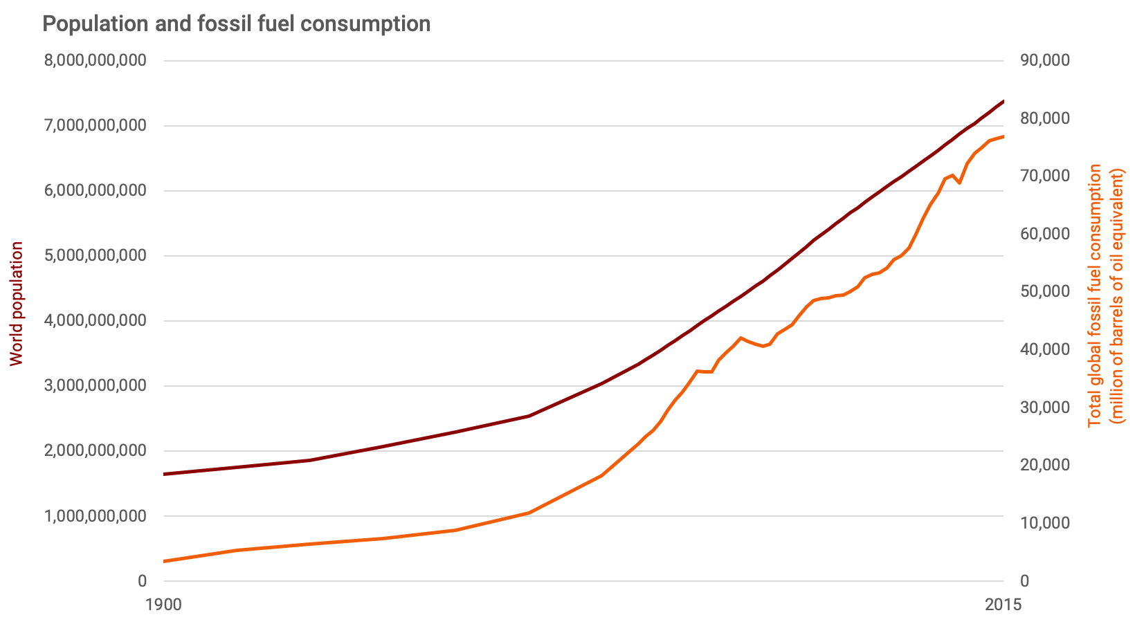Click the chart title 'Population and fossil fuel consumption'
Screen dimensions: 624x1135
(237, 24)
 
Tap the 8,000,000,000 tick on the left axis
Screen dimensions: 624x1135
(96, 61)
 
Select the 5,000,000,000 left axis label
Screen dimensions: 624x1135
(96, 256)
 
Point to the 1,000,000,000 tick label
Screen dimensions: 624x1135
(96, 516)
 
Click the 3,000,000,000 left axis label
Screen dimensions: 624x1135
(96, 386)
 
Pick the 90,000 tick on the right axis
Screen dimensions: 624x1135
(1044, 61)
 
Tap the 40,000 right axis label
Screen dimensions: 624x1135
(1044, 349)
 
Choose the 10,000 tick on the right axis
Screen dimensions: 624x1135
(1044, 523)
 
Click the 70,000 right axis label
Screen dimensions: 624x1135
(1044, 176)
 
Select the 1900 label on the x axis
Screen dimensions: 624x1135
(164, 605)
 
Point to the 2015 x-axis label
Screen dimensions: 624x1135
(1003, 605)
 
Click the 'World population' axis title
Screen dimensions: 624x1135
(17, 304)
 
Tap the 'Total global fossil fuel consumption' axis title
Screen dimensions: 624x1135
(1095, 295)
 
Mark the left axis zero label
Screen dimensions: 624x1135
(142, 581)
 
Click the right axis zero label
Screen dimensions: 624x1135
(1025, 581)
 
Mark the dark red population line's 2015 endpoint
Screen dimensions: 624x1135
(1003, 102)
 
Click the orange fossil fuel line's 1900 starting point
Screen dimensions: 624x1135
(165, 561)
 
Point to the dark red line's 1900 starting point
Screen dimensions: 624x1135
(165, 474)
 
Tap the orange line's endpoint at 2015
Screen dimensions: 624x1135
(1003, 137)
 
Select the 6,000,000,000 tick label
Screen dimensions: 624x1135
(96, 191)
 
